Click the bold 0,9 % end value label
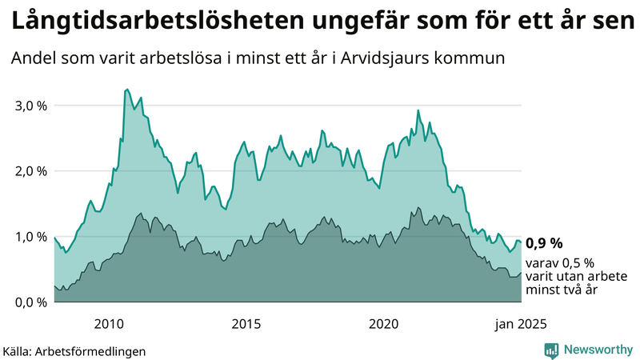tap(544, 243)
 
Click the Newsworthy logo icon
tap(551, 350)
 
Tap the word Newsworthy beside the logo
tap(598, 350)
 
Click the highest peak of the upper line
tap(126, 90)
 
